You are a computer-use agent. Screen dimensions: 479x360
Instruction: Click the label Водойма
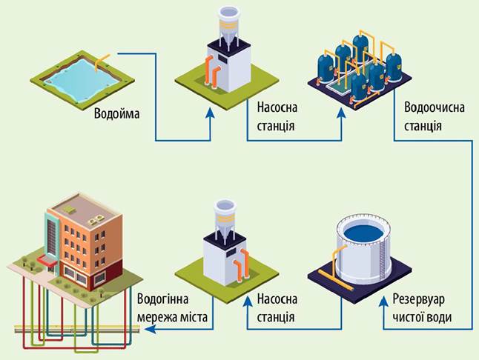(x=116, y=113)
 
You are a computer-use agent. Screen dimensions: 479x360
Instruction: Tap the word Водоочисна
(x=434, y=107)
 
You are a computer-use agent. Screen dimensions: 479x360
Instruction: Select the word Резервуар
(x=418, y=299)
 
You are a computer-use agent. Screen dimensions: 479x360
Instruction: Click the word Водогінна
(x=162, y=299)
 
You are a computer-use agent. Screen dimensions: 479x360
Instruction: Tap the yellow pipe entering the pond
(x=101, y=61)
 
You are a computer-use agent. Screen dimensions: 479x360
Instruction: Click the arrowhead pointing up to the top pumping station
(x=210, y=113)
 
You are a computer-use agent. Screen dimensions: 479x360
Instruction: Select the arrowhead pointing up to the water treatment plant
(x=342, y=113)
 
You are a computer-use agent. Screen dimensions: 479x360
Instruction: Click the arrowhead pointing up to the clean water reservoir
(x=383, y=301)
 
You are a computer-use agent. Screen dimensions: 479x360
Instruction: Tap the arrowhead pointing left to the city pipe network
(x=150, y=329)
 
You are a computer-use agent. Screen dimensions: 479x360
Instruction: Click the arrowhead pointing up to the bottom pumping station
(x=248, y=301)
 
